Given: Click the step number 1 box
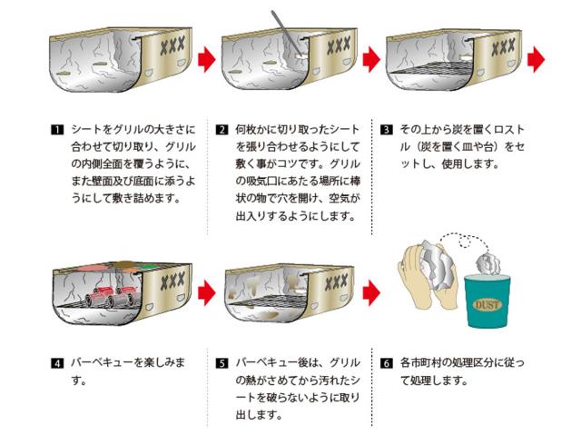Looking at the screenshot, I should click(56, 129).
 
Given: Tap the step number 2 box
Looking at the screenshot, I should click(222, 129).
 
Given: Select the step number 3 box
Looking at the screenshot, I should click(387, 129).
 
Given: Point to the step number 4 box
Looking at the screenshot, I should click(56, 363).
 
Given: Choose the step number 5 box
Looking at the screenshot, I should click(222, 363).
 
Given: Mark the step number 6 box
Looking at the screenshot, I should click(387, 363).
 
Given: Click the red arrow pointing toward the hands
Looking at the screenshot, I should click(370, 293).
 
